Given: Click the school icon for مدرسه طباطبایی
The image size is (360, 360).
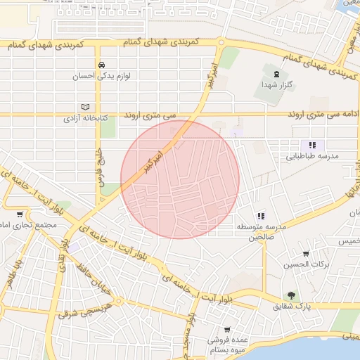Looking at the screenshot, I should coord(312,145).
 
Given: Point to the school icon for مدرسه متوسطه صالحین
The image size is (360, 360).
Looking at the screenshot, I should coord(260,216).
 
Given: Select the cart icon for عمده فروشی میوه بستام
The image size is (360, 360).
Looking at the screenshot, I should coord(227,329).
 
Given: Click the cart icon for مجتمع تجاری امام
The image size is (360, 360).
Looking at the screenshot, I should coord(19,214).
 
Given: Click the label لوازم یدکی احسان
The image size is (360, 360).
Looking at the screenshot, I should coord(102,76).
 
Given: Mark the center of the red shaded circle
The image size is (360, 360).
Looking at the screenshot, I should coord(180,179).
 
